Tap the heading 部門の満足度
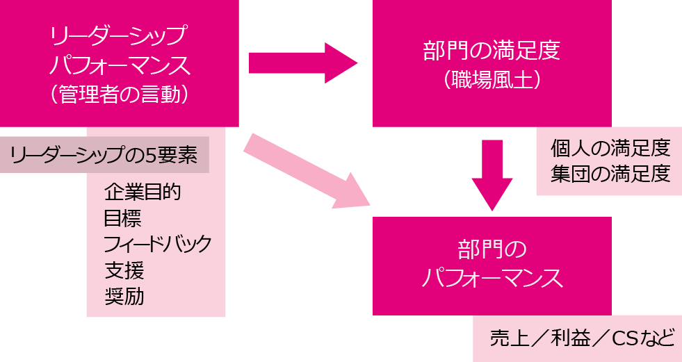(x=492, y=51)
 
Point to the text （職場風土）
(x=492, y=80)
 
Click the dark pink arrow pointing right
(x=303, y=64)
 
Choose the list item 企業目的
(x=143, y=192)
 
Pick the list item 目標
(x=123, y=218)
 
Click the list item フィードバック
(x=158, y=244)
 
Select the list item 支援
(x=124, y=270)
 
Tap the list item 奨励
(x=124, y=297)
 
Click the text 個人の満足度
(x=610, y=147)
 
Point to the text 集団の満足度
(x=610, y=173)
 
